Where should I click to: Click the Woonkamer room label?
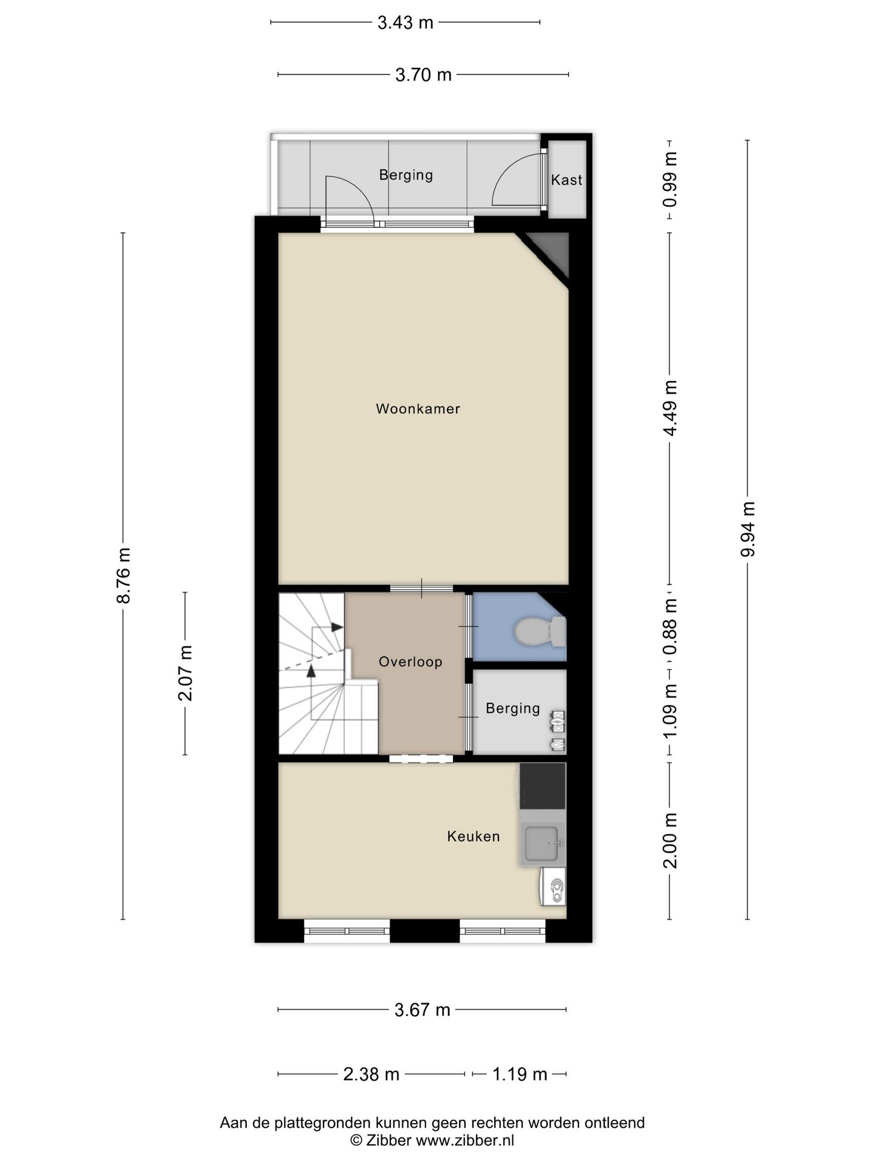418,409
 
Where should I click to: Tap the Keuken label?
474,836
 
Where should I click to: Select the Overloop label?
411,662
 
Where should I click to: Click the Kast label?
567,180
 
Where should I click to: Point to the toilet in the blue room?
540,631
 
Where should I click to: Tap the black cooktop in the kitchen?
543,786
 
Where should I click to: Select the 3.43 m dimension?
405,23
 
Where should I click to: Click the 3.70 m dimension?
423,75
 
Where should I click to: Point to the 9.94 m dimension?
748,529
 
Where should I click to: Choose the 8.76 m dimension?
123,575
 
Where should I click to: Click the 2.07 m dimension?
185,673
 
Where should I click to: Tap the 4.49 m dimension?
670,408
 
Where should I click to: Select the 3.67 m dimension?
422,1010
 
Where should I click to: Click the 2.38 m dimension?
371,1075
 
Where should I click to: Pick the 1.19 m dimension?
520,1075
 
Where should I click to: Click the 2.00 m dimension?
670,841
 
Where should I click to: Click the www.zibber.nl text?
465,1140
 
